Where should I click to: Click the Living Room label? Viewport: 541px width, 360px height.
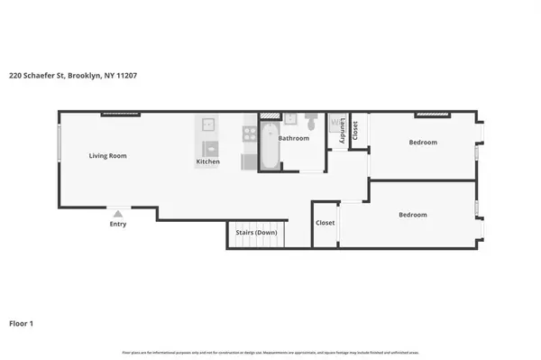pyautogui.click(x=107, y=156)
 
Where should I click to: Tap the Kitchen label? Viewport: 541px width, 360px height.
pyautogui.click(x=208, y=162)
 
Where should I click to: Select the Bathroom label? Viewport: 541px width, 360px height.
pyautogui.click(x=293, y=138)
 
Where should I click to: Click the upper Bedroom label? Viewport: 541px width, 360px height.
pyautogui.click(x=423, y=143)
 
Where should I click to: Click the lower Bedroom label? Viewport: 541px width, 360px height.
pyautogui.click(x=413, y=215)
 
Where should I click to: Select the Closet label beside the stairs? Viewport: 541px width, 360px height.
pyautogui.click(x=325, y=223)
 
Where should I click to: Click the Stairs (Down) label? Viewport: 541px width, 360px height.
pyautogui.click(x=256, y=233)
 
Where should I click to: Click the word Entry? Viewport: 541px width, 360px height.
pyautogui.click(x=117, y=224)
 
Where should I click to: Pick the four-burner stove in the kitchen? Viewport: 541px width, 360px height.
pyautogui.click(x=249, y=134)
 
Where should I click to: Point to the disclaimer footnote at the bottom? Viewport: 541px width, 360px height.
pyautogui.click(x=270, y=351)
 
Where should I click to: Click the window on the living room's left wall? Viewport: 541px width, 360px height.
pyautogui.click(x=60, y=143)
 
